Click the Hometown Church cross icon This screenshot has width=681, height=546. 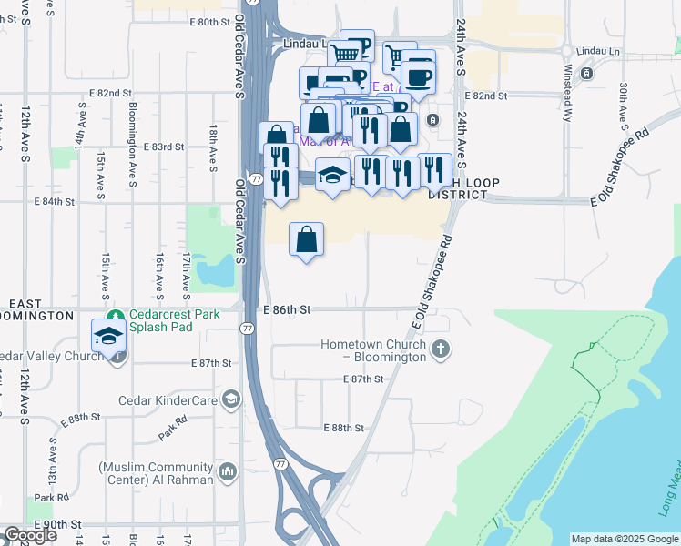click(441, 349)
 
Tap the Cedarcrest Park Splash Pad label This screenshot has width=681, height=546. click(174, 320)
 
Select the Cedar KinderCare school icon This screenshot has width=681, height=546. click(231, 399)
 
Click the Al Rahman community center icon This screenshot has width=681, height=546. click(227, 471)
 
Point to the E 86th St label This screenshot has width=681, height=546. click(287, 310)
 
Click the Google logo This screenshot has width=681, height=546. click(30, 535)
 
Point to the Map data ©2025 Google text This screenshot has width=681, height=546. click(624, 539)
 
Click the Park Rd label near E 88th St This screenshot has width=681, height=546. click(173, 429)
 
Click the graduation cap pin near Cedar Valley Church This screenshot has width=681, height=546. click(109, 335)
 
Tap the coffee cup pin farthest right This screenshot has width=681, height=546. click(419, 75)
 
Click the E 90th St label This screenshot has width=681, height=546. click(58, 525)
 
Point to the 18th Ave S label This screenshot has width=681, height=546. click(213, 149)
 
